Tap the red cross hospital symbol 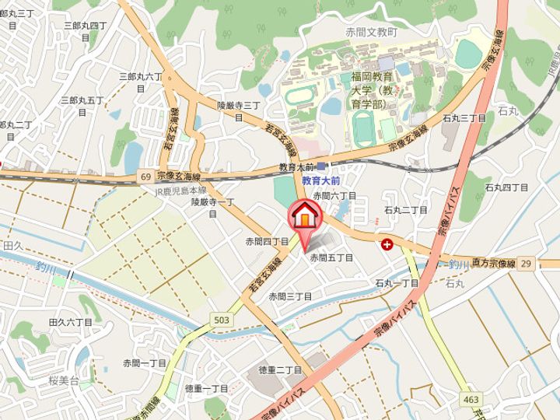(387, 244)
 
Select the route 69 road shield (146, 177)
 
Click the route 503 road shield (221, 320)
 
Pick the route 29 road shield (527, 264)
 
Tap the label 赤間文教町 (372, 33)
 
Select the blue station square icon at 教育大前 (321, 166)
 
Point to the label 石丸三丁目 (464, 118)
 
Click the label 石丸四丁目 (506, 187)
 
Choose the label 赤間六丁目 (334, 197)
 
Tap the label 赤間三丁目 (290, 296)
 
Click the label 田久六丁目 (70, 321)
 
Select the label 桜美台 (64, 381)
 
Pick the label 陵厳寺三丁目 (239, 105)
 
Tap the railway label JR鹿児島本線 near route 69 (180, 191)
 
